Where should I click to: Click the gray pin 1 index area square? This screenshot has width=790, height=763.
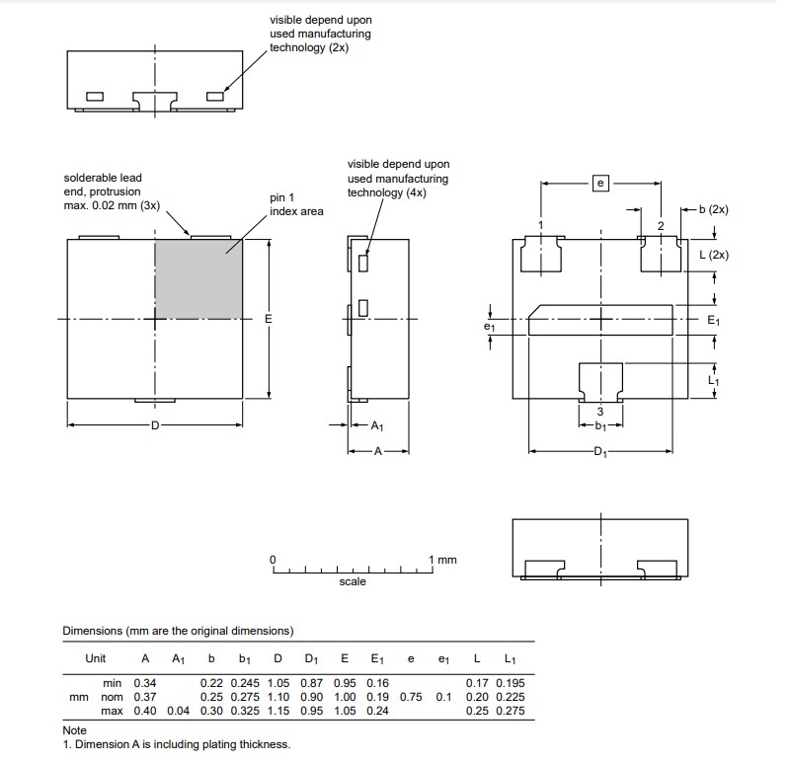pos(198,278)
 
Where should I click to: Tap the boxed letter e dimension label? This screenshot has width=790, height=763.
pos(600,183)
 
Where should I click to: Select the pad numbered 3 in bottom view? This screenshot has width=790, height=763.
pos(600,381)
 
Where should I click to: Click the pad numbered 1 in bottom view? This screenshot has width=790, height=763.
pos(540,254)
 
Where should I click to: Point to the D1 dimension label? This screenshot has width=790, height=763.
pos(600,451)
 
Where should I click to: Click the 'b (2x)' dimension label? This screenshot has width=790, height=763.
pos(713,210)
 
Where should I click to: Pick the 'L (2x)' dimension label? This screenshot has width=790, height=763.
pos(713,255)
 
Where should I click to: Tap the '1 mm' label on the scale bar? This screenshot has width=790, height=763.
pos(443,560)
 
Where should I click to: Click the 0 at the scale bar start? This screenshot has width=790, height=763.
pos(274,560)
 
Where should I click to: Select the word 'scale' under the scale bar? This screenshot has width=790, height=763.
pos(352,581)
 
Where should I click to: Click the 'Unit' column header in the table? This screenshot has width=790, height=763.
pos(96,658)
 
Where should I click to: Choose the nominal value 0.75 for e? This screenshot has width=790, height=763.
pos(411,697)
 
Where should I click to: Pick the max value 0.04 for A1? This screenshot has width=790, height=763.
pos(178,711)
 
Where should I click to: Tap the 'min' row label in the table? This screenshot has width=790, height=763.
pos(112,683)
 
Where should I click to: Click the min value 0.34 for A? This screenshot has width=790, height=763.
pos(145,683)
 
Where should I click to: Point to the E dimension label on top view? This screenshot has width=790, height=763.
pos(268,319)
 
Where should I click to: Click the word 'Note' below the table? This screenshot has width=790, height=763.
pos(75,731)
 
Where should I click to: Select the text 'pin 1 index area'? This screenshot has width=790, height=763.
pos(296,204)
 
